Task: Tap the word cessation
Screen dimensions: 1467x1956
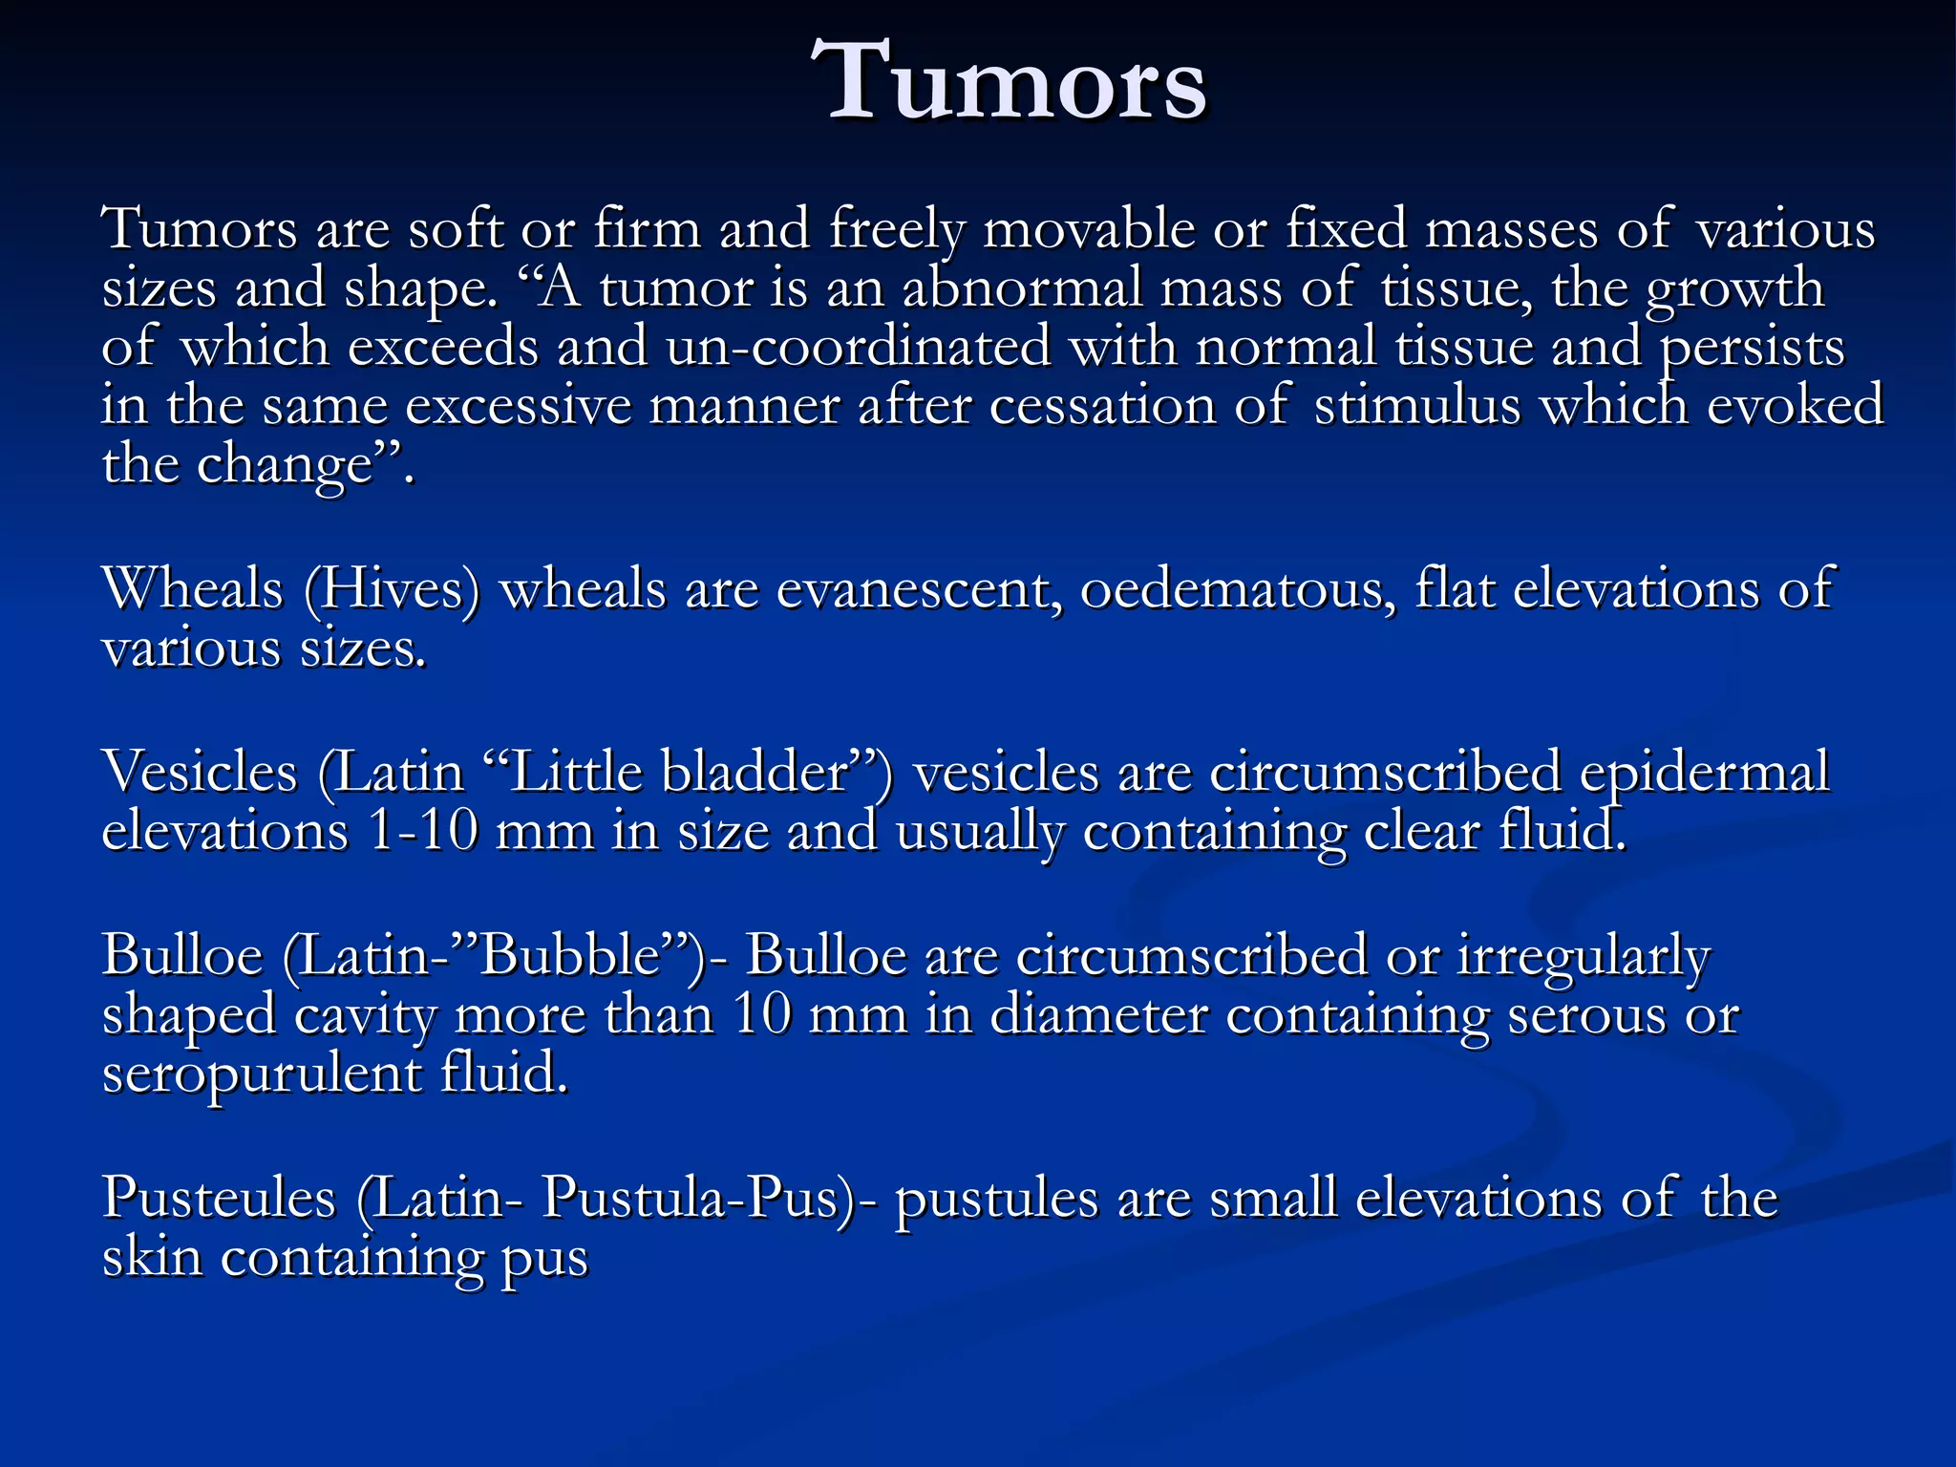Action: (1102, 405)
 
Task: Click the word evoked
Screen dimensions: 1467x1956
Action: (1795, 405)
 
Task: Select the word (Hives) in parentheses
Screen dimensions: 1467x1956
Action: (392, 588)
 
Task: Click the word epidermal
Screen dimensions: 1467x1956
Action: (1705, 772)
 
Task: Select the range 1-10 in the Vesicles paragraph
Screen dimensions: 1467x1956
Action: (422, 831)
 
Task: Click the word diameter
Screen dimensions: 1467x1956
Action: (1098, 1014)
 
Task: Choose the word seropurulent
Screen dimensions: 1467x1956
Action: (260, 1074)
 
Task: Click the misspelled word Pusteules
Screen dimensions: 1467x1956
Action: (219, 1198)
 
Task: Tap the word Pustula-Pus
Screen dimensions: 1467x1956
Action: (689, 1198)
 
